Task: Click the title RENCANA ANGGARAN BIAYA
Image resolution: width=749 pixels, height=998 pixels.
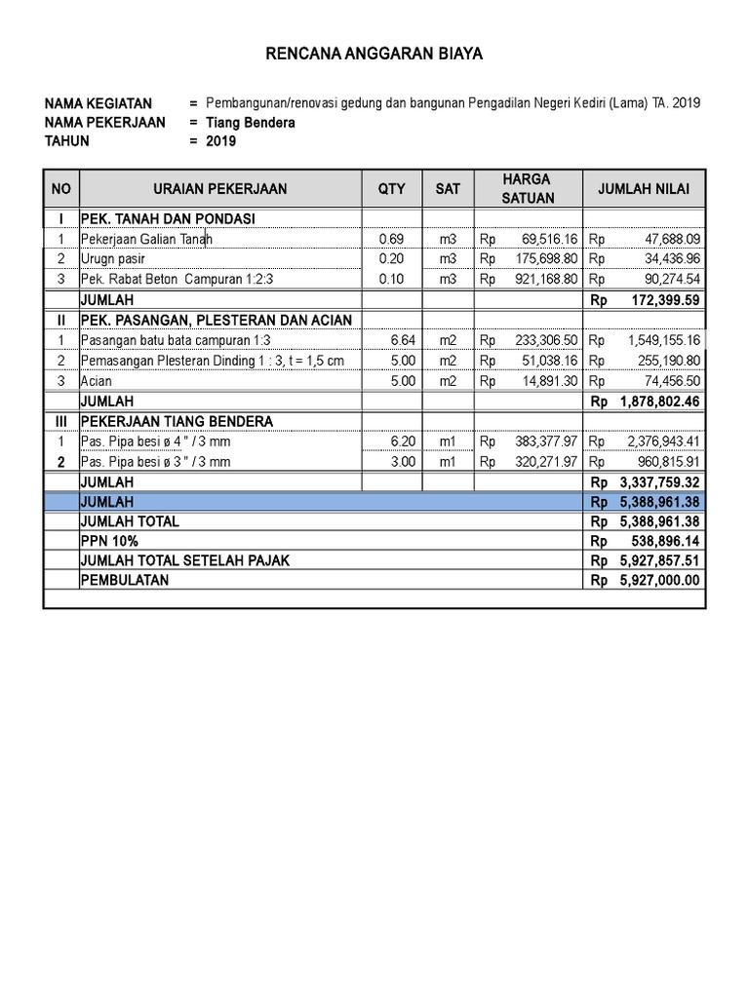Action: (x=374, y=55)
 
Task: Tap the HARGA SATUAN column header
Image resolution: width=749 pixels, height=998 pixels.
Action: (x=528, y=188)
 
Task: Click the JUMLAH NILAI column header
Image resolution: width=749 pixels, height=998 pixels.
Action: (x=643, y=189)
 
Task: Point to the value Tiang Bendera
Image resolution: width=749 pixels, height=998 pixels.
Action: (x=250, y=123)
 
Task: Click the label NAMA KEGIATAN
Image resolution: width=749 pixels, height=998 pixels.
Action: (x=99, y=103)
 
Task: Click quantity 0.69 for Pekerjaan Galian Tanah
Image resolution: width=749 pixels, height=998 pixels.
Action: (x=390, y=239)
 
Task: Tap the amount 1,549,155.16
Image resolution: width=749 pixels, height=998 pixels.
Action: (x=658, y=340)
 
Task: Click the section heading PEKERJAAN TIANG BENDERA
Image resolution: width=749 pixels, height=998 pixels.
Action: (x=177, y=421)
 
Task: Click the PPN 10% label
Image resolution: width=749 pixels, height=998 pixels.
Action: (x=109, y=541)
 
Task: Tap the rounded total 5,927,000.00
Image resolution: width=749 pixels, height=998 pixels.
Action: (x=659, y=581)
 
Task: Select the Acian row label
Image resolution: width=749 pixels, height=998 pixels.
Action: (x=98, y=381)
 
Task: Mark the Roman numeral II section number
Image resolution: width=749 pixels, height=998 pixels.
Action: (x=60, y=320)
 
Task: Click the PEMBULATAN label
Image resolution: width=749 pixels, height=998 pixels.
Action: (x=125, y=581)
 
